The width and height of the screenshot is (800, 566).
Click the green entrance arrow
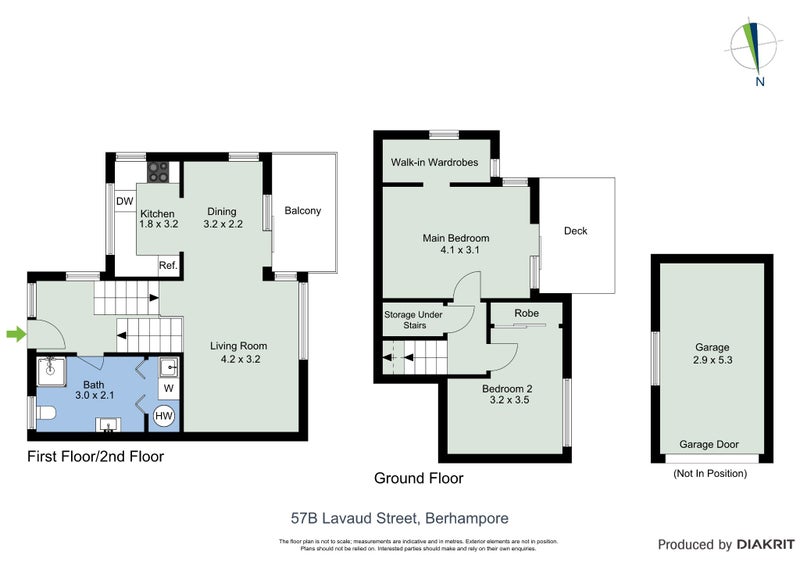point(16,334)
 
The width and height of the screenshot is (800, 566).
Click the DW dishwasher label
point(125,201)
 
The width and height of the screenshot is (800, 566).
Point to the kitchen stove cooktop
point(161,173)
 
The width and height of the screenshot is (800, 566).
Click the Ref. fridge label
point(169,265)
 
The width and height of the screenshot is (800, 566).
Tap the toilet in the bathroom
point(46,413)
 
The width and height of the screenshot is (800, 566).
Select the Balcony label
point(302,211)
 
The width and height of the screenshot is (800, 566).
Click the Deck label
point(575,231)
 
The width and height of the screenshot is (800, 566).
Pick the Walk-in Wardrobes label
point(434,162)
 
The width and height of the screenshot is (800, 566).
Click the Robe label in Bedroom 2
point(526,313)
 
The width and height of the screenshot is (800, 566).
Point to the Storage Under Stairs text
point(413,320)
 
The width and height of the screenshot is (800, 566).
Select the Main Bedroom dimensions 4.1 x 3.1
point(454,251)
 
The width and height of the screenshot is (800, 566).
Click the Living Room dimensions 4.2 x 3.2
point(238,359)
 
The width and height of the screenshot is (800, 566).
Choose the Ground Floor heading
point(418,478)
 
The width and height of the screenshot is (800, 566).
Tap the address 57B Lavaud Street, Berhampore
point(399,518)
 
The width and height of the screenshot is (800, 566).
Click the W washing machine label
point(168,387)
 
